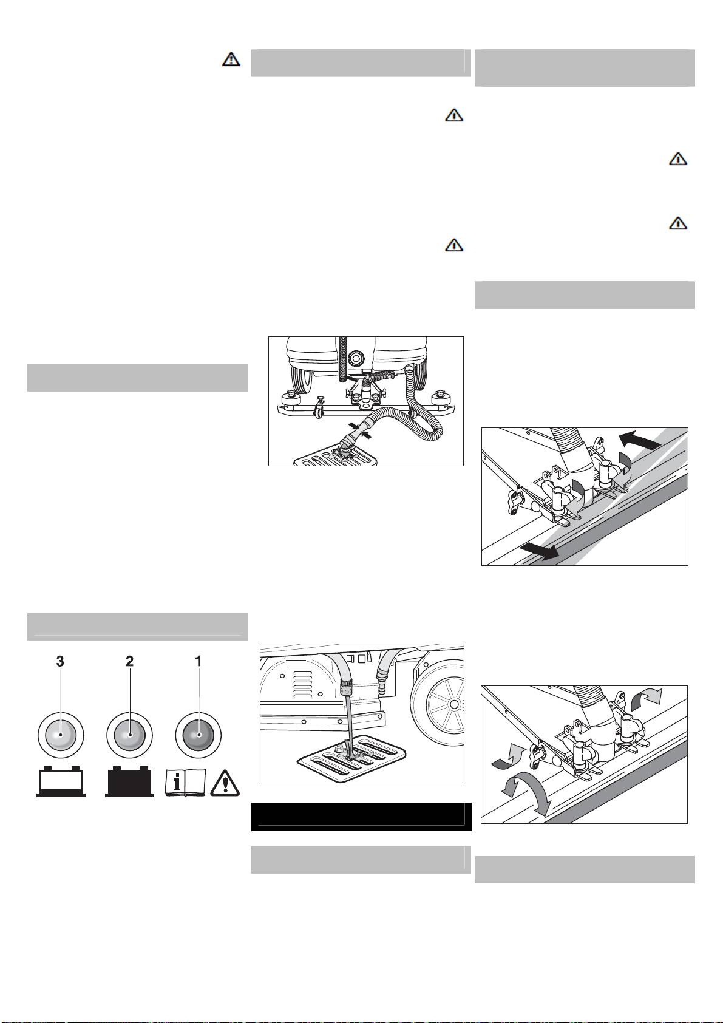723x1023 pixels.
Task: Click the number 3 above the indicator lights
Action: pos(60,661)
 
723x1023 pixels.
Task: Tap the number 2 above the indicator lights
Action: pos(130,661)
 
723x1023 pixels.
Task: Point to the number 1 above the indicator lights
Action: pos(199,661)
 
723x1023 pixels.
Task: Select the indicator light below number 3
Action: pos(60,735)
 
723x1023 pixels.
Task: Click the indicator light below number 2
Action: pos(130,735)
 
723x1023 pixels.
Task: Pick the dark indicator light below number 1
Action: pos(199,735)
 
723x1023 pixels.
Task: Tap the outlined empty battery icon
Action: pos(61,783)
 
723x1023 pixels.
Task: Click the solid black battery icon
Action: pos(130,783)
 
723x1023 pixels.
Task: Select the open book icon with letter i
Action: pos(185,783)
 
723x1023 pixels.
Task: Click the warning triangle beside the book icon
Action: pos(225,783)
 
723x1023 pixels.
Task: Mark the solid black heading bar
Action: pos(361,817)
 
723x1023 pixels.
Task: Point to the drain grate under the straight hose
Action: pos(351,758)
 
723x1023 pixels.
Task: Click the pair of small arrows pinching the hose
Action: pos(359,430)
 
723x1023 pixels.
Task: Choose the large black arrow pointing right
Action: pos(540,549)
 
